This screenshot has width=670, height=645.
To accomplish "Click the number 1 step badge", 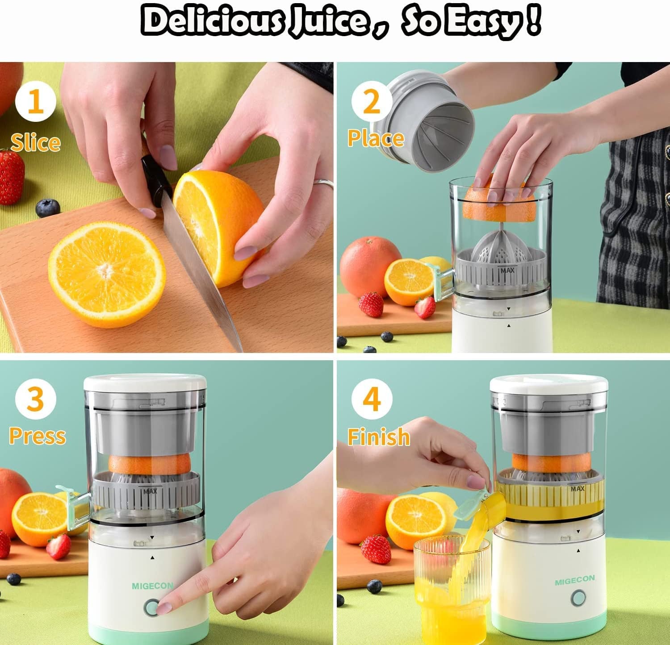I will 35,102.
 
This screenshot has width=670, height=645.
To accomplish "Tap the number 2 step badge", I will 372,102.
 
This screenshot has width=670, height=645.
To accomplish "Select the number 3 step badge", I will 35,399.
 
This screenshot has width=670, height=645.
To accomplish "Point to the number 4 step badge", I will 372,399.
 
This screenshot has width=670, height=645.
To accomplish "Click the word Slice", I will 36,142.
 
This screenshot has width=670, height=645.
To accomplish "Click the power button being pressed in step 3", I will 152,608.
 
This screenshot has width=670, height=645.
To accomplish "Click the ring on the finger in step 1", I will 324,183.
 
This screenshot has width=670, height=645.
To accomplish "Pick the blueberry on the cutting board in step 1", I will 47,208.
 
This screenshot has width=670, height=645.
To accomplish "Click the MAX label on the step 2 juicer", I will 507,270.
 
